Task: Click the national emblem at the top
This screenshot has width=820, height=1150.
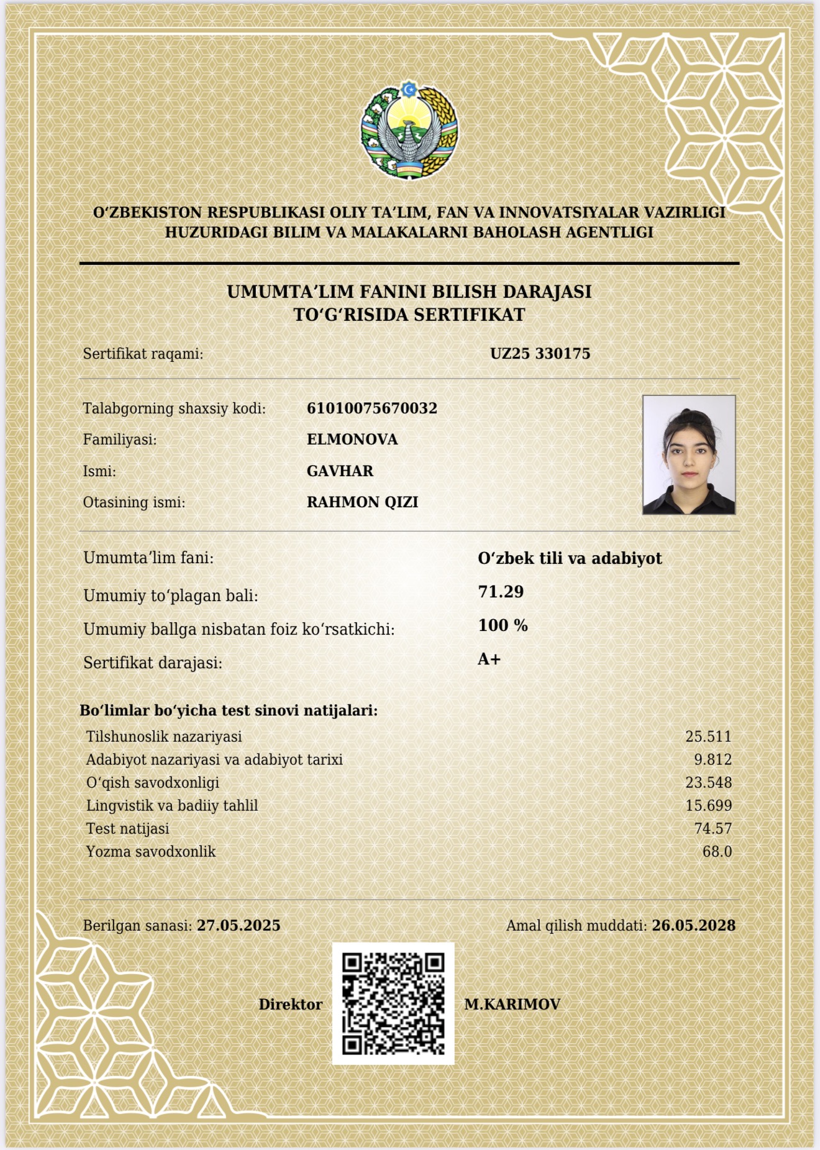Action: tap(409, 132)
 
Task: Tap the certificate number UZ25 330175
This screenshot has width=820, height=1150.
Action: tap(540, 354)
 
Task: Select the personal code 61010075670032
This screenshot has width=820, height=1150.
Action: tap(372, 408)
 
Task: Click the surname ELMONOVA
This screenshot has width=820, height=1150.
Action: tap(352, 439)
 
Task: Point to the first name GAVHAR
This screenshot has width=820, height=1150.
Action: tap(340, 471)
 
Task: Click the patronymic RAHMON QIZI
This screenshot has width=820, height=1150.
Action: tap(362, 502)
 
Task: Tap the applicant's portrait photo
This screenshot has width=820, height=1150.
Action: tap(689, 454)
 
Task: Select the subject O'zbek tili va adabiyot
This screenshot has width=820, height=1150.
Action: tap(570, 558)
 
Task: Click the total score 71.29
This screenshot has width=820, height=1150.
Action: tap(501, 591)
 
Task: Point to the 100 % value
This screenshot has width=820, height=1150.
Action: tap(503, 625)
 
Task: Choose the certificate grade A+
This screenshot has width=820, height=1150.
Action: tap(489, 660)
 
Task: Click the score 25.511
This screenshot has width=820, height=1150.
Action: tap(708, 737)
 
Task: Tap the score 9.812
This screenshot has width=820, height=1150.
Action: tap(713, 760)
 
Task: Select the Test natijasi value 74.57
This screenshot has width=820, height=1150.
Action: tap(713, 829)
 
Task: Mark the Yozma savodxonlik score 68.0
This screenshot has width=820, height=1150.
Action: tap(717, 852)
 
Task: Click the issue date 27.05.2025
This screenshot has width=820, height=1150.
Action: tap(239, 926)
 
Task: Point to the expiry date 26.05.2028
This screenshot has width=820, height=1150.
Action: tap(693, 926)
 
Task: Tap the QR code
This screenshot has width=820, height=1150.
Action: tap(393, 1003)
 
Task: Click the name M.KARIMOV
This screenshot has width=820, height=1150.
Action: tap(512, 1004)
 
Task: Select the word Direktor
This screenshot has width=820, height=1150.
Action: tap(291, 1005)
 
